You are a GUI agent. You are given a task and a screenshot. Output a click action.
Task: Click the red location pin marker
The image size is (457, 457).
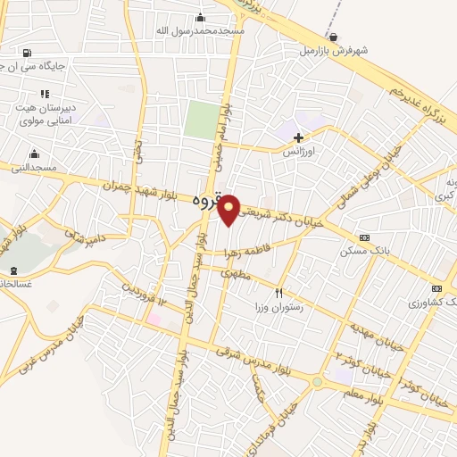point(229,209)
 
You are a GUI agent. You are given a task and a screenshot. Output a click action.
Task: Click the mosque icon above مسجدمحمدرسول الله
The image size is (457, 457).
point(199,17)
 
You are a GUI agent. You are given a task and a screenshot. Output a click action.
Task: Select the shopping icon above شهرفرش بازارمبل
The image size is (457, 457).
point(333,37)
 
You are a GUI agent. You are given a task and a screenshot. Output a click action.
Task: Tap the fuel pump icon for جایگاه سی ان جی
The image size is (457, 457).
point(26,53)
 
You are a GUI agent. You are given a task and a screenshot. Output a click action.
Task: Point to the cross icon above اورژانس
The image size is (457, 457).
point(298,137)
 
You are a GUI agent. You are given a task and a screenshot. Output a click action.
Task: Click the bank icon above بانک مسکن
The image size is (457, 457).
point(363,237)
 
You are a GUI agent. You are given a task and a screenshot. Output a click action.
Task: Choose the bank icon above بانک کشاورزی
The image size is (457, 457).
point(436,288)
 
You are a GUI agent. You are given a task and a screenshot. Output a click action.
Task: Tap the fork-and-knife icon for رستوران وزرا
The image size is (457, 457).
point(278,293)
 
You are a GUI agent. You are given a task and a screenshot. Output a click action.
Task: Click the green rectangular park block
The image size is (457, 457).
point(201,120)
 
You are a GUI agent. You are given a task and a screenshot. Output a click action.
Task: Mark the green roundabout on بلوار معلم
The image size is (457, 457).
point(317,381)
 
